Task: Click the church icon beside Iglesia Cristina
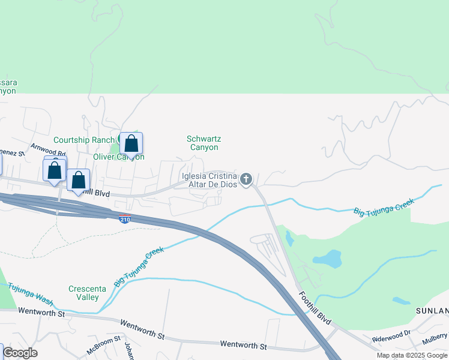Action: [246, 179]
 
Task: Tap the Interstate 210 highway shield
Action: [125, 219]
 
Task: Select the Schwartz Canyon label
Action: [202, 143]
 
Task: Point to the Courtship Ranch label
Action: [83, 140]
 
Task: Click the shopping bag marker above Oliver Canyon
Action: [131, 145]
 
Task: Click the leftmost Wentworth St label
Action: [41, 312]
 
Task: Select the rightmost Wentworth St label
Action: [243, 346]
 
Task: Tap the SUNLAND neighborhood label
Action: [432, 311]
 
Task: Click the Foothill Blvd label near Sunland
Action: [315, 306]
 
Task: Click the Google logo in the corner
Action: [20, 353]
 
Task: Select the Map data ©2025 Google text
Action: [412, 355]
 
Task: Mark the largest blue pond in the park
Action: [328, 259]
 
